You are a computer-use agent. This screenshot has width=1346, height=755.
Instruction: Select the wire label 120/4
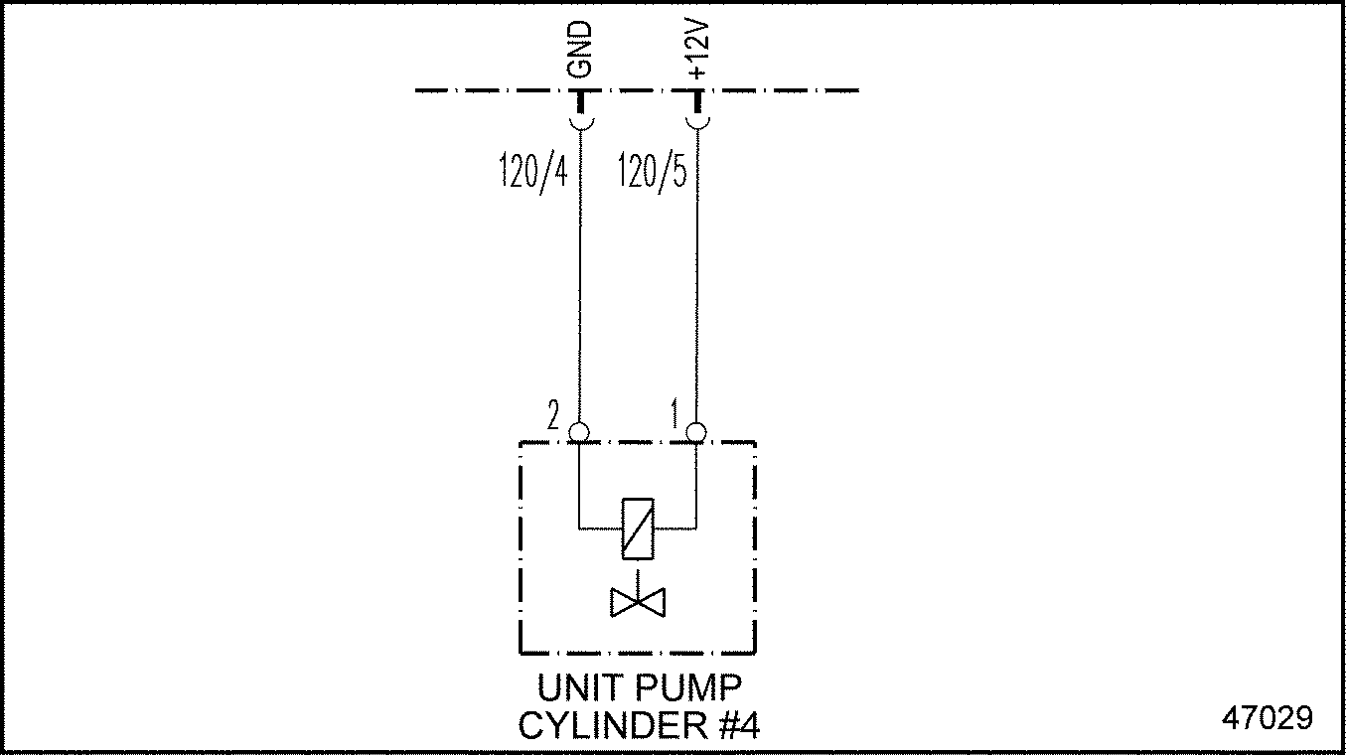532,171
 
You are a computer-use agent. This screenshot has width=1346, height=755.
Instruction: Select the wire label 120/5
652,171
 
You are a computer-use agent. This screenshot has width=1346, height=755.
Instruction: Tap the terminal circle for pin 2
579,432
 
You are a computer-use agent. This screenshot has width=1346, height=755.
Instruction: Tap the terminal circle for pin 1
696,432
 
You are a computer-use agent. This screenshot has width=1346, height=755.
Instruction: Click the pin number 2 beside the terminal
553,413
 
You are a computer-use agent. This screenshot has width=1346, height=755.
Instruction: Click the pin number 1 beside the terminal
675,413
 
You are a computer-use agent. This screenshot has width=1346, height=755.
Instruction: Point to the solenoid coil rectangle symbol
637,527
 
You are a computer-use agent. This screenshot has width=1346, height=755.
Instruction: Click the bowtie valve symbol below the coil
637,602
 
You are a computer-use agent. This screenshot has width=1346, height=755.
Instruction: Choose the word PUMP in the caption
691,688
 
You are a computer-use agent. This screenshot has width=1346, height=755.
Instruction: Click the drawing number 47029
1268,717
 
